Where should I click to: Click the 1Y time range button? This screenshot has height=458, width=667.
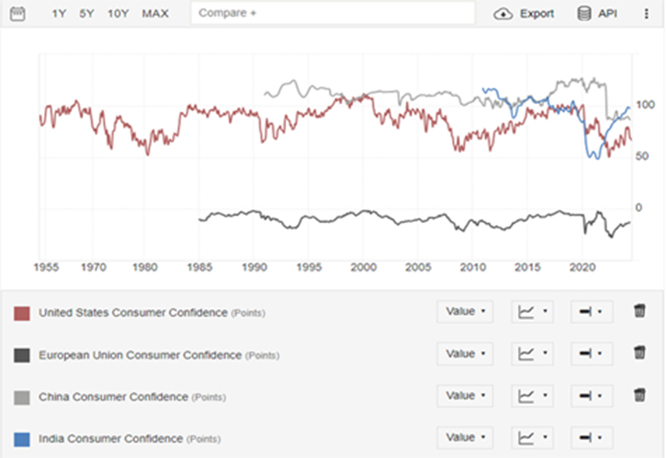[x=59, y=13]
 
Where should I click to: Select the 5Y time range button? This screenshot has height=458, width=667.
[x=86, y=13]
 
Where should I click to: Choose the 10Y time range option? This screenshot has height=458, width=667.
[x=118, y=13]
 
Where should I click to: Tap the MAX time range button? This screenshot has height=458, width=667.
[x=155, y=13]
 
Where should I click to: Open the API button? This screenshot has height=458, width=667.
[x=597, y=13]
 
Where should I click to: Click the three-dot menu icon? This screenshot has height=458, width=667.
[x=647, y=13]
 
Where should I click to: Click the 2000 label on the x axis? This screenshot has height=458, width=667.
[x=363, y=267]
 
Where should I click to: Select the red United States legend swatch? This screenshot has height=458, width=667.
[x=22, y=313]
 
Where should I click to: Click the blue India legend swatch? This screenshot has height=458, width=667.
[x=22, y=439]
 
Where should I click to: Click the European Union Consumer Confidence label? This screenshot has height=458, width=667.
[x=140, y=355]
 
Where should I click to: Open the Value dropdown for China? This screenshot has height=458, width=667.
[x=465, y=396]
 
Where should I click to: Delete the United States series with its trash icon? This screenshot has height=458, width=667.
[x=640, y=312]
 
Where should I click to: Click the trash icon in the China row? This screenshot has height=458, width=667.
[x=640, y=396]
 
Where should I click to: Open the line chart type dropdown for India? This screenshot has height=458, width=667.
[x=532, y=438]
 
